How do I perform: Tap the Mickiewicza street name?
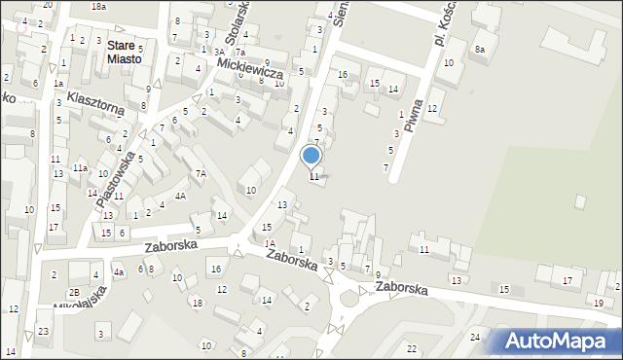(x=250, y=67)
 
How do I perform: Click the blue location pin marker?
(x=311, y=156)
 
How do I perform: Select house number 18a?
(x=98, y=6)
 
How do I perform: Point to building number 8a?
(x=479, y=49)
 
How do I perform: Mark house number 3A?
(x=219, y=51)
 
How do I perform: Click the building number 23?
(x=44, y=331)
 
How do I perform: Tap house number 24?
(x=475, y=338)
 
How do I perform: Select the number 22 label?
(x=412, y=348)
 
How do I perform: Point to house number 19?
(x=598, y=305)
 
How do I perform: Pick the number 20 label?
(x=47, y=6)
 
